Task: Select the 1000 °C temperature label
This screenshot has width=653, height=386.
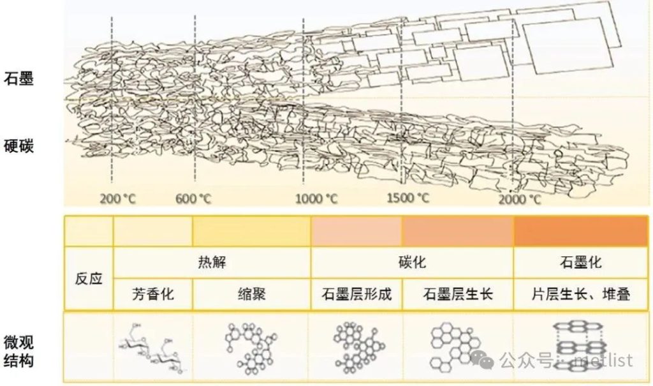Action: pos(316,198)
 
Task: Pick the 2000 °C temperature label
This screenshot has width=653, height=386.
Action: pos(520,199)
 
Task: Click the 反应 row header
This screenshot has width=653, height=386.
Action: pos(89,279)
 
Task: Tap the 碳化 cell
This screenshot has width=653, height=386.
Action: pos(412,262)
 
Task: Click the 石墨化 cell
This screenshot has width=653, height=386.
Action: pos(580,262)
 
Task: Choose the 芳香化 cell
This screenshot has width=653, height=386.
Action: pos(153,295)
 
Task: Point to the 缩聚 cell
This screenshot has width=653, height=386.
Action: pos(251,295)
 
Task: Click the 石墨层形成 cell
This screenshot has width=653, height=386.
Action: pos(356,295)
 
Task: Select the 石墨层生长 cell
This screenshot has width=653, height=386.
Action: pos(458,295)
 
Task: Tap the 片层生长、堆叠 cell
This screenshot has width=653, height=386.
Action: pos(580,295)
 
